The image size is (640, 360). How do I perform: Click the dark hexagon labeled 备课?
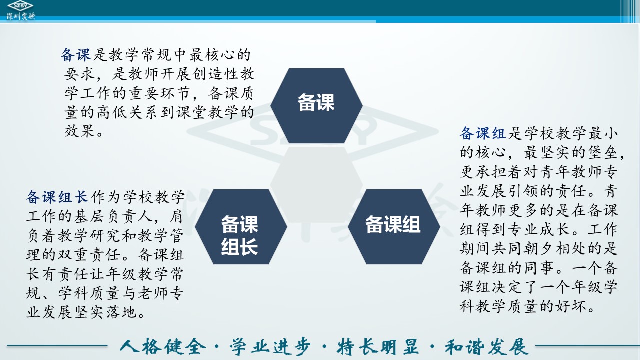pos(316,105)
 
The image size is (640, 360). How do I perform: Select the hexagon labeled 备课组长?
pos(241,227)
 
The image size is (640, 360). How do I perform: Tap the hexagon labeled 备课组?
pos(394,227)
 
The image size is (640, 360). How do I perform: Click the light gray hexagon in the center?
pos(316,185)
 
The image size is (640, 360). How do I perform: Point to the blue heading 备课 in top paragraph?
pos(75,55)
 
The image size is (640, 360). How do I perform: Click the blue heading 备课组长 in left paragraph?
pos(57,197)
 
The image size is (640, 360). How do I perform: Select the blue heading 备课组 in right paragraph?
pos(483,133)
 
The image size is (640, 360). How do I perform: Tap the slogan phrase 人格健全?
pos(163,347)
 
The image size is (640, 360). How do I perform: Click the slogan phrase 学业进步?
pos(270,347)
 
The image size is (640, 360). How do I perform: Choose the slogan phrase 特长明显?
pos(378,347)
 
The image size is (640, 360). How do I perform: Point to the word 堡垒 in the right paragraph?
pos(603,152)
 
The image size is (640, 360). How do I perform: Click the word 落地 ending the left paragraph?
pos(121,312)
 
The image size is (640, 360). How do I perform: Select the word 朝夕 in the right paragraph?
pos(539,248)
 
